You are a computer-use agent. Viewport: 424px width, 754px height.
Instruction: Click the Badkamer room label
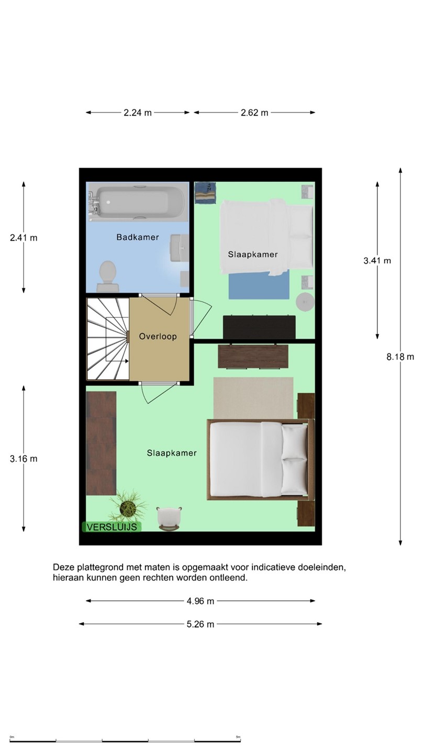(x=138, y=237)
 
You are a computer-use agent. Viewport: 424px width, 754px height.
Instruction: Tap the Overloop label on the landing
(x=158, y=336)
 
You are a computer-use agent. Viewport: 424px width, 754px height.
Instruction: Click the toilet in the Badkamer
(x=108, y=276)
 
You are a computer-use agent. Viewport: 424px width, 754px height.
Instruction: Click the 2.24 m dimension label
(x=138, y=113)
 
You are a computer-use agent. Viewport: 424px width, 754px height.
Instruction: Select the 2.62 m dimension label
(x=254, y=113)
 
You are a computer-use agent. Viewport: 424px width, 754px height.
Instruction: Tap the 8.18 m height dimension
(x=400, y=357)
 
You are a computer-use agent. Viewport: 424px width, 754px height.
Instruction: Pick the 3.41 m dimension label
(x=377, y=261)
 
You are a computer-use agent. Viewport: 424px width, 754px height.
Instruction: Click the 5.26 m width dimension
(x=200, y=624)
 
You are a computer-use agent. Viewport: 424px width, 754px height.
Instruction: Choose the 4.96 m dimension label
(x=200, y=601)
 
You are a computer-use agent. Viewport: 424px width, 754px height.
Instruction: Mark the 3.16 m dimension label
(x=24, y=459)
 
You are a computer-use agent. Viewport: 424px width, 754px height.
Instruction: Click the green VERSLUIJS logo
(x=111, y=527)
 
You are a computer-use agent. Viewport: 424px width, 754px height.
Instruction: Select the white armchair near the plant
(x=169, y=519)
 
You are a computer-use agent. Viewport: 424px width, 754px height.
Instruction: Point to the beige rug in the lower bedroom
(x=253, y=398)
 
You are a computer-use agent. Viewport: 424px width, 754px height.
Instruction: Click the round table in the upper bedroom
(x=305, y=302)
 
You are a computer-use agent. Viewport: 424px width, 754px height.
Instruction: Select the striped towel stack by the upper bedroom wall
(x=205, y=193)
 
